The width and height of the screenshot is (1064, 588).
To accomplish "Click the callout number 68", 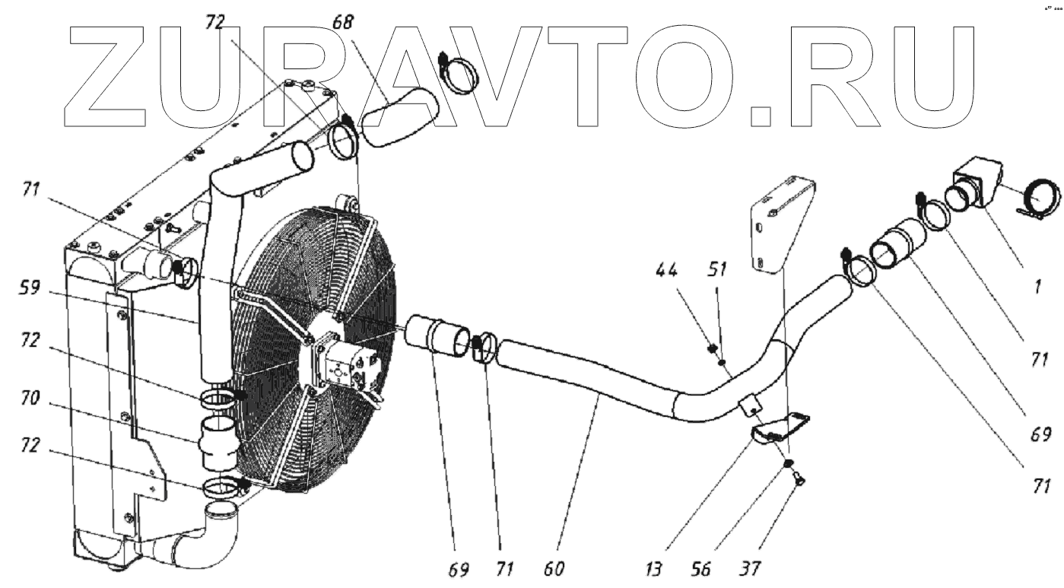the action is (344, 22).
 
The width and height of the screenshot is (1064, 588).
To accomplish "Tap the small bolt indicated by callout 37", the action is (799, 478).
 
